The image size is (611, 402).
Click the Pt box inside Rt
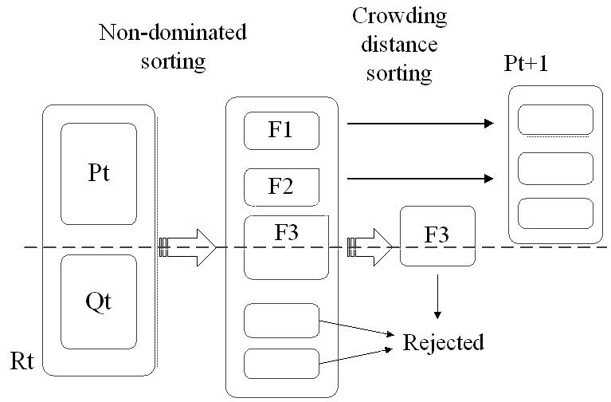tap(98, 174)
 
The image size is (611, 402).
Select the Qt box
tap(98, 301)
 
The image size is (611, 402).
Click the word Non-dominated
tap(172, 33)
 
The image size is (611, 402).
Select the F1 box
tap(281, 131)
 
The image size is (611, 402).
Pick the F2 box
tap(281, 188)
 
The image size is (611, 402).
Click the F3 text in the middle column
tap(289, 234)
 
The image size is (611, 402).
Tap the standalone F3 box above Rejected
tap(437, 236)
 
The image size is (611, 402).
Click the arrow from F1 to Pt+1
tap(417, 124)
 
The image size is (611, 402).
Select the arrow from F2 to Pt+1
tap(417, 178)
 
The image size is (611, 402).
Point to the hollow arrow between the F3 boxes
tap(371, 247)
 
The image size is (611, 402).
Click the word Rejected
tap(443, 344)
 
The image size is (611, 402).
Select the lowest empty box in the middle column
tap(281, 364)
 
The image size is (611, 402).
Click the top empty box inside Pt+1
tap(555, 120)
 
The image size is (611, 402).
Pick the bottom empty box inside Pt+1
tap(555, 215)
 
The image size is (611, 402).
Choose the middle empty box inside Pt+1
tap(555, 167)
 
